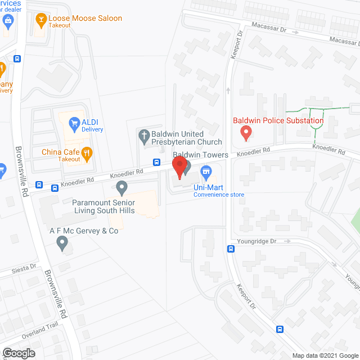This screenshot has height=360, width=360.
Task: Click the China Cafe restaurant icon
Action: click(x=86, y=152)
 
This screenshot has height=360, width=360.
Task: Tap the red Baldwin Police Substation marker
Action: click(x=245, y=133)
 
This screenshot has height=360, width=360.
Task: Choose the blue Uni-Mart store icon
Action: click(x=206, y=170)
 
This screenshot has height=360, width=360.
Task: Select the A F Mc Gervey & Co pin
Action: click(x=62, y=243)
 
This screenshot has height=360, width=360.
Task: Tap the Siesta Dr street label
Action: click(x=25, y=268)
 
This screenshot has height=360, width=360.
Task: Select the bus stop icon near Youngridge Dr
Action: click(x=231, y=249)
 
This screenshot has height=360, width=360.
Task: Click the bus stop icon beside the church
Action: click(x=156, y=163)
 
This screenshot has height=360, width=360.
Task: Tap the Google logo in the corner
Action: click(x=18, y=353)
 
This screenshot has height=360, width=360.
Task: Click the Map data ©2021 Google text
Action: click(x=325, y=355)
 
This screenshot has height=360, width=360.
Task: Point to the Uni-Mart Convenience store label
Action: click(x=219, y=190)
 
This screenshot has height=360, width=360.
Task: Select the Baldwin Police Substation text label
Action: click(x=278, y=120)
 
